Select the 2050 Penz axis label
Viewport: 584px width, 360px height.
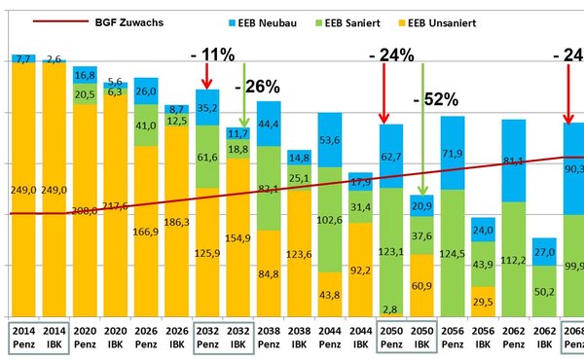(390, 336)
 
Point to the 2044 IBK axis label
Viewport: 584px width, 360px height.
(360, 336)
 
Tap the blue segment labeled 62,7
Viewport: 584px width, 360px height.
(390, 155)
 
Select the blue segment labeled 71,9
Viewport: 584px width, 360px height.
(451, 153)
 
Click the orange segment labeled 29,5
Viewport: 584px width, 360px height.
(481, 302)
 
